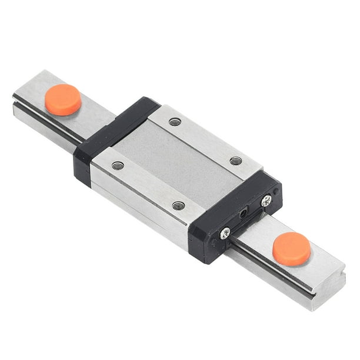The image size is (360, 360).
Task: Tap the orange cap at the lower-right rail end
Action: click(292, 248)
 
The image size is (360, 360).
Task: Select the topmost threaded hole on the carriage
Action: click(175, 122)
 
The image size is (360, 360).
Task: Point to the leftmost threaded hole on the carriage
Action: click(118, 166)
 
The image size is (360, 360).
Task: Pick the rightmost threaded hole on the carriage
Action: click(235, 161)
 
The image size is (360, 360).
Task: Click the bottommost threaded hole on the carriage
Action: click(179, 205)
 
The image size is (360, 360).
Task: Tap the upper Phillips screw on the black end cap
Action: click(266, 201)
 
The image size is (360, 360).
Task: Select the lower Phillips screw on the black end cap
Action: click(225, 234)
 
